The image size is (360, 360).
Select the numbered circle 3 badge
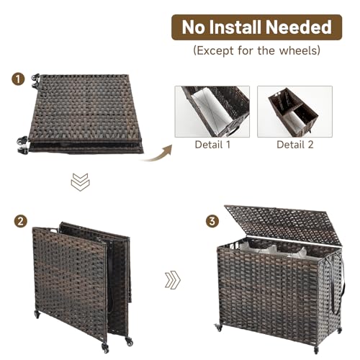[x=212, y=221]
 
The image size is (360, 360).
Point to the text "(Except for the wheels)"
[x=257, y=51]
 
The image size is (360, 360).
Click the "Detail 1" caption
[x=212, y=144]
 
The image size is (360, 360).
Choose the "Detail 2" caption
[x=294, y=144]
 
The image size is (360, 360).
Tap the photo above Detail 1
[x=212, y=112]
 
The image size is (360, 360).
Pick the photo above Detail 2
[x=294, y=112]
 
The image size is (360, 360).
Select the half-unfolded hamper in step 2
[x=83, y=281]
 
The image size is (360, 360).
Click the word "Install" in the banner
[x=241, y=27]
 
